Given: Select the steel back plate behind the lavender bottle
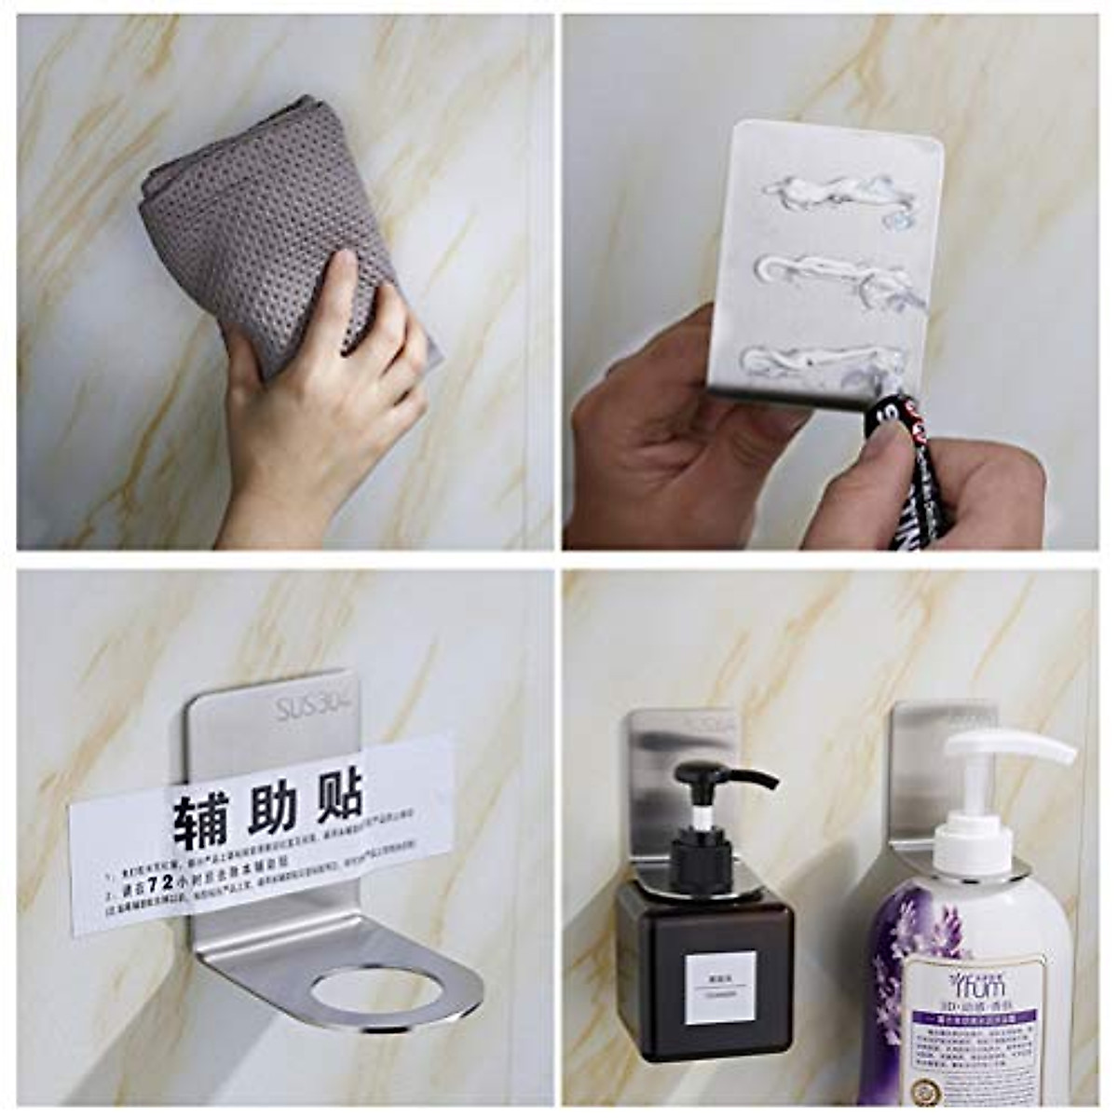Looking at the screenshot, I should tap(918, 773).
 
